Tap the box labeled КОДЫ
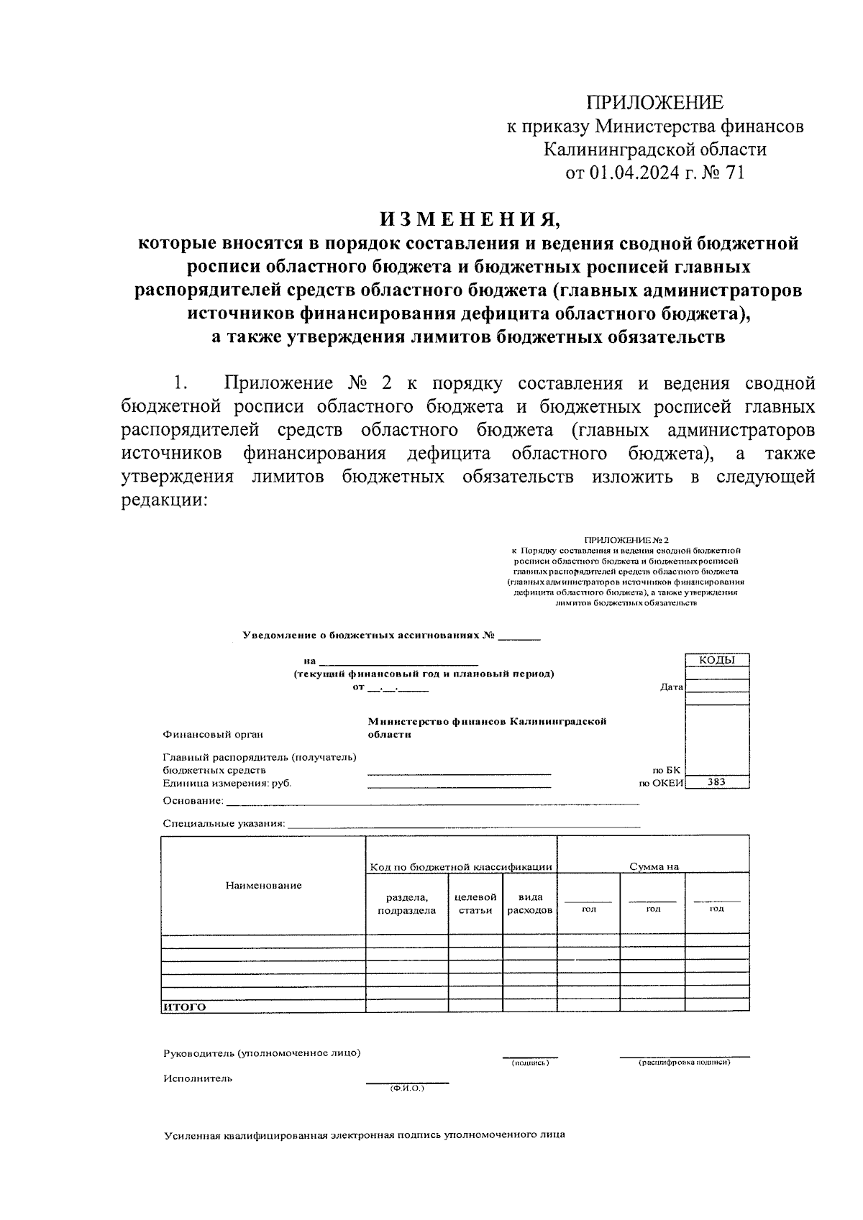(717, 660)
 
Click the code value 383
(717, 783)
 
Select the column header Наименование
(263, 885)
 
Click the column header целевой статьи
(475, 903)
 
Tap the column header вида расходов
(530, 903)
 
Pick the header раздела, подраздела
(406, 903)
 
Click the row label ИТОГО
(185, 1006)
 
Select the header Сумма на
(654, 866)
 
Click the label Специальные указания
(224, 823)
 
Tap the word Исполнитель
(198, 1078)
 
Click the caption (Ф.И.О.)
(407, 1088)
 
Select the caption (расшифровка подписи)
(684, 1062)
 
